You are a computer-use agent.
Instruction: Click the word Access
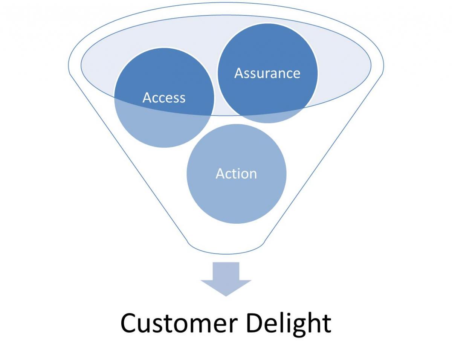point(164,98)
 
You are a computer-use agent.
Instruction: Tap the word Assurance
point(267,73)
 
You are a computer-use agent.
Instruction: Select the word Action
point(236,174)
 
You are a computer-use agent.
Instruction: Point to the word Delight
point(289,323)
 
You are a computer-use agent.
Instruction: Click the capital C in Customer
point(130,323)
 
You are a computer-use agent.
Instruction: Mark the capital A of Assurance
point(239,73)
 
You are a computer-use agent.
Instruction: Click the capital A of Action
point(220,174)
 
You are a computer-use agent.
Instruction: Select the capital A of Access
point(147,98)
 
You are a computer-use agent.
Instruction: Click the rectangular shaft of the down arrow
point(226,271)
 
